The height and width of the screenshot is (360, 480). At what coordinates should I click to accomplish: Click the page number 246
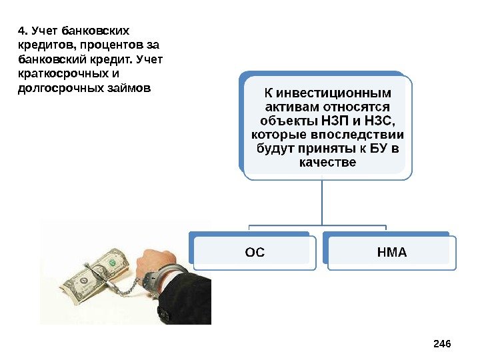click(x=442, y=343)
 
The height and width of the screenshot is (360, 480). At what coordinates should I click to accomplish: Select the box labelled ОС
click(x=255, y=253)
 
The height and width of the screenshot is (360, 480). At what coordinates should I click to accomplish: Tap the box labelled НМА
click(x=391, y=253)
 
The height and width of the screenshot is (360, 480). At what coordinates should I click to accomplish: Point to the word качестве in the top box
click(x=329, y=162)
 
